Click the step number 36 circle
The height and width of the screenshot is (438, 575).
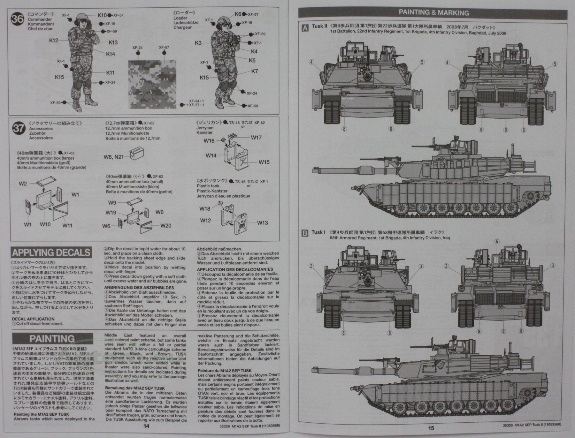[x=17, y=19]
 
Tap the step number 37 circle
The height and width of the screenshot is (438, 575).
[x=18, y=128]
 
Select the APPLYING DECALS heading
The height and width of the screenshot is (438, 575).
[x=51, y=253]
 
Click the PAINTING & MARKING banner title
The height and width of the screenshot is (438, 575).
[x=434, y=13]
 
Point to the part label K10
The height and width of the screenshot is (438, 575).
[x=102, y=15]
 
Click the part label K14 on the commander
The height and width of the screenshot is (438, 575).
[x=111, y=54]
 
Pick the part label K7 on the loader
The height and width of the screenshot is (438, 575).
[x=254, y=71]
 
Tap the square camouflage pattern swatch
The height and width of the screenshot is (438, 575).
[x=152, y=84]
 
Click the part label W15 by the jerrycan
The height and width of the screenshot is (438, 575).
[x=264, y=162]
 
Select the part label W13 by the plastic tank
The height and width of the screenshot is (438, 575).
[x=262, y=223]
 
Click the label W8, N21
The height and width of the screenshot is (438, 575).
[x=113, y=157]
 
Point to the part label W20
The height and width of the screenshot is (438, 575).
[x=166, y=226]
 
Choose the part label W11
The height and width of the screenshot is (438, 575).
[x=67, y=225]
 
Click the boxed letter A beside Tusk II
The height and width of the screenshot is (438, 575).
[x=305, y=28]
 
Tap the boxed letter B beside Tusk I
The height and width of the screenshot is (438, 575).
[x=305, y=233]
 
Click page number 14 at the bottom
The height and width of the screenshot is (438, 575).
[x=146, y=426]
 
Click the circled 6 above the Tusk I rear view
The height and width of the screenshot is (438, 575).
[x=497, y=242]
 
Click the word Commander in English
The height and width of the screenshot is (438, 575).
[x=40, y=19]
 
